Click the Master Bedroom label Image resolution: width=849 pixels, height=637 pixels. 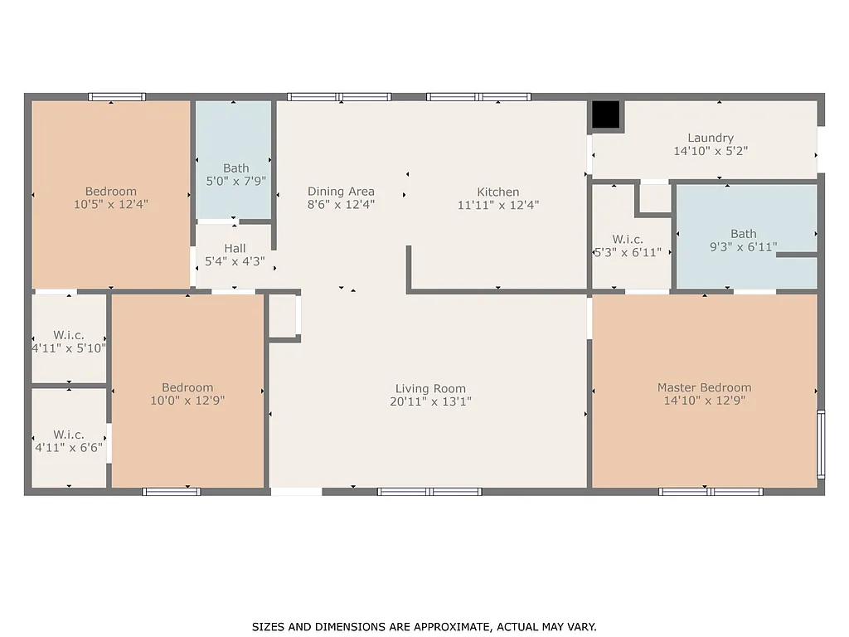[x=704, y=387]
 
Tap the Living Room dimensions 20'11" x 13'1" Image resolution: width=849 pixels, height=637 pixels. [x=430, y=401]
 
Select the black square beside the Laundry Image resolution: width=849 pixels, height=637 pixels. [x=606, y=115]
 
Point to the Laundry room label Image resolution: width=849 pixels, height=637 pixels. [x=710, y=138]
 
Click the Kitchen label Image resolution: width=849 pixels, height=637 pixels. [x=498, y=192]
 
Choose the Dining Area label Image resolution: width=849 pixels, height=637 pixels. [x=341, y=192]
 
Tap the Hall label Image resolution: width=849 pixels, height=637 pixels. [x=235, y=248]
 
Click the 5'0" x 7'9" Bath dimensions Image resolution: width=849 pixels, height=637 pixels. [x=235, y=182]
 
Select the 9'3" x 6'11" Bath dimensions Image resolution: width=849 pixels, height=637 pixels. [x=743, y=247]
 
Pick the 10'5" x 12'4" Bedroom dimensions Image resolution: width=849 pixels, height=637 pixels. [x=111, y=204]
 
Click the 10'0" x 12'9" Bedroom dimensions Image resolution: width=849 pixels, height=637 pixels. [x=187, y=401]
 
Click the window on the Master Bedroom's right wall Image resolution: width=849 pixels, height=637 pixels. [x=821, y=445]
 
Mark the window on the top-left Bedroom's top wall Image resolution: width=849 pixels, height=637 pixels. [x=117, y=97]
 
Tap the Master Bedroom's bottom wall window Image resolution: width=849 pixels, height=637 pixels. [x=711, y=492]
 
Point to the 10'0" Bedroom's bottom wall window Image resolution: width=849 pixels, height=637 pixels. [x=172, y=492]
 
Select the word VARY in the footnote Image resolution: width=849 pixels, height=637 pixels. [x=580, y=627]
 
